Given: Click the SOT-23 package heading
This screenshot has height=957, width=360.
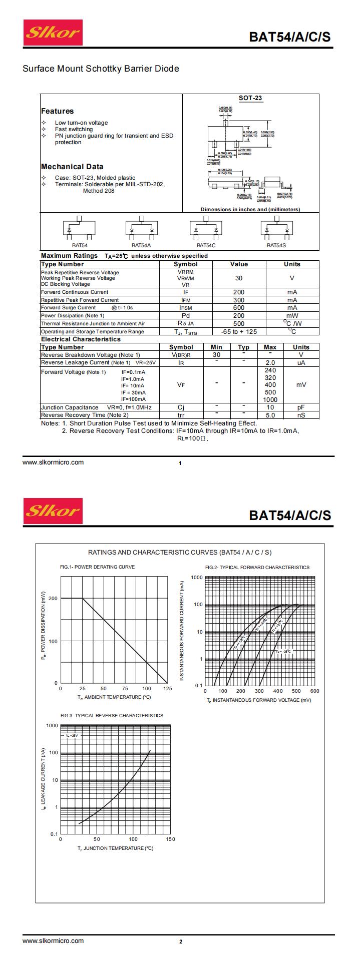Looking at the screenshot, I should (x=250, y=98).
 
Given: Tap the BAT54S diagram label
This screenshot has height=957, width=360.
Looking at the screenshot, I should (x=276, y=245).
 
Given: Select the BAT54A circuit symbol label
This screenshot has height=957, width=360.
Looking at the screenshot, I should (x=141, y=245).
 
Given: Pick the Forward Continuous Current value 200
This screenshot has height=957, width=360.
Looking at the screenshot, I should (x=239, y=292).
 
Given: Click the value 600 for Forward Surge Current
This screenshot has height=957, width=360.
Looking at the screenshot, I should (x=239, y=308).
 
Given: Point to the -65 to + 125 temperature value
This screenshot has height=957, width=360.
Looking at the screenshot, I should (x=239, y=331).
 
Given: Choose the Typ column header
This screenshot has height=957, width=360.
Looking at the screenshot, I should (x=243, y=347).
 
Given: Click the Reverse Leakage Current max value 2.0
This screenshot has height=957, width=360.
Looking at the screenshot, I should (x=270, y=362).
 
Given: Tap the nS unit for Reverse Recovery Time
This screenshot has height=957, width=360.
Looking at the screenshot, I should (x=301, y=415).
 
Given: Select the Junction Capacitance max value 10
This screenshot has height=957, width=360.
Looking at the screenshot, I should (x=270, y=407).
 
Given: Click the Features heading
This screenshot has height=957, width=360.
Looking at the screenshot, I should (x=57, y=111).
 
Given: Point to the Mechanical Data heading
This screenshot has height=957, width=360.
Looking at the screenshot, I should (x=72, y=167).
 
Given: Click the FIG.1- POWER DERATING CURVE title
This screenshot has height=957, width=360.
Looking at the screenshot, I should (x=97, y=567).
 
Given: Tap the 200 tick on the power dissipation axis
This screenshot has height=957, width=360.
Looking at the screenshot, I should (x=53, y=598).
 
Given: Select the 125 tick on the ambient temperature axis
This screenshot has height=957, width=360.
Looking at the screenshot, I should (x=168, y=689).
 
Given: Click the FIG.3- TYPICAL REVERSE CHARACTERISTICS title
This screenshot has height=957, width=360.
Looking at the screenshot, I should (x=112, y=715).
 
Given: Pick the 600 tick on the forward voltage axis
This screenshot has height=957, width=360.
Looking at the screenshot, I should (x=314, y=691).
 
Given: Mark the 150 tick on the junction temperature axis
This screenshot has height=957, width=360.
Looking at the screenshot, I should (x=170, y=839).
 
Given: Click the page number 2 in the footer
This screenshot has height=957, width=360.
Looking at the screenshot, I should (x=181, y=941).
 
